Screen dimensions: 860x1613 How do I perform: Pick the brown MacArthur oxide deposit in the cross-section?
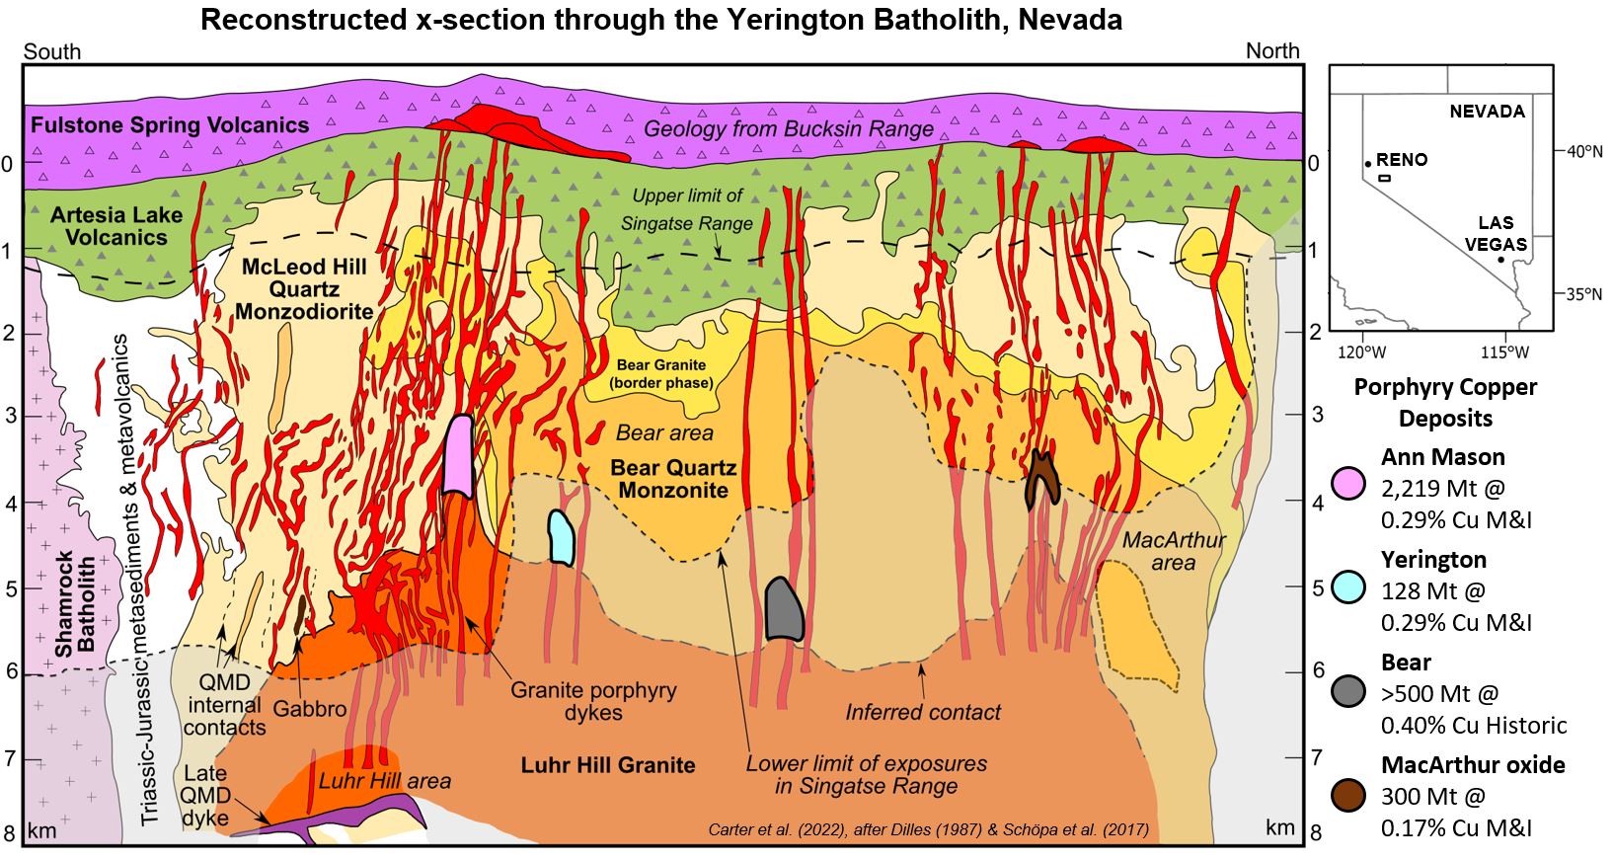pos(1041,480)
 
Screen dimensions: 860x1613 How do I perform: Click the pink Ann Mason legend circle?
pos(1347,483)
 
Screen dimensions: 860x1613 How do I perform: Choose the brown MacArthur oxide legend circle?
pos(1347,793)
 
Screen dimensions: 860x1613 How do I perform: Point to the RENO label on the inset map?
pos(1402,160)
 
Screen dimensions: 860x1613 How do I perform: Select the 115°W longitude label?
pos(1503,352)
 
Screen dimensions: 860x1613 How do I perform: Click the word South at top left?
pos(51,51)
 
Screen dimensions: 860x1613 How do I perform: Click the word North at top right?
pos(1272,51)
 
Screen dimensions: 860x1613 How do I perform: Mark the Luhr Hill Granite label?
pos(608,764)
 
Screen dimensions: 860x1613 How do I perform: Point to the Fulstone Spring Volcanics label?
pos(170,124)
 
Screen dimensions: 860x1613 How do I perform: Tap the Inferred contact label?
pos(923,711)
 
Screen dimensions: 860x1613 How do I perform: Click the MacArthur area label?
pos(1174,551)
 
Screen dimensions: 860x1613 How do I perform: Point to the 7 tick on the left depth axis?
pos(9,758)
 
